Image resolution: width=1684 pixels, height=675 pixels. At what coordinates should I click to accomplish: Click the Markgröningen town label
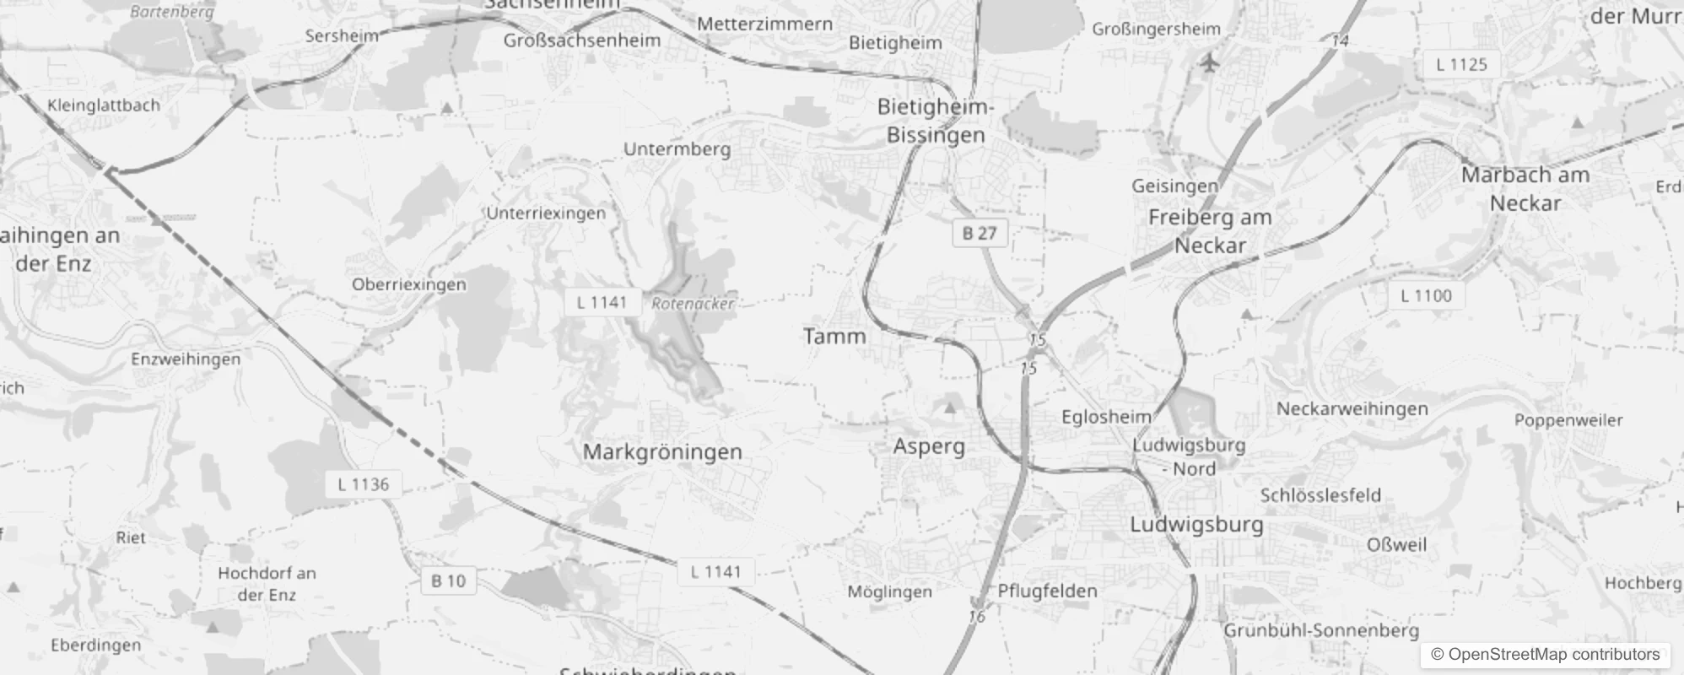click(662, 451)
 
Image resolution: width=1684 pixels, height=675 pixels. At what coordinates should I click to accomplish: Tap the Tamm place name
click(834, 337)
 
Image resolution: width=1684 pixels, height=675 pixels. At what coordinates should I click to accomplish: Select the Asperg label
click(929, 446)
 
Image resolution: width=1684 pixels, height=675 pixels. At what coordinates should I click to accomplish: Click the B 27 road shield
click(979, 233)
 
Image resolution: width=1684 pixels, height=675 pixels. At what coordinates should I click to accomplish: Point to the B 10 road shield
click(448, 580)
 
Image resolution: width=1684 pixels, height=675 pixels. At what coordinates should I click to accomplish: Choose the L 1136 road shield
click(364, 484)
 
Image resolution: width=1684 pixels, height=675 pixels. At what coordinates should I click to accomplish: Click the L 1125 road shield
click(1461, 64)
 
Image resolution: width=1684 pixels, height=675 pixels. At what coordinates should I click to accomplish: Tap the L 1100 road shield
click(1426, 295)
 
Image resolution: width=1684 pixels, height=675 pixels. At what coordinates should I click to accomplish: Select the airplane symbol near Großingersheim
click(1210, 62)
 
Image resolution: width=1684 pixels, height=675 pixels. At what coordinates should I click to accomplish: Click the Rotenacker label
click(693, 304)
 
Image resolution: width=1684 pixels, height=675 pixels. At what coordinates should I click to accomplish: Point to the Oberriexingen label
click(408, 284)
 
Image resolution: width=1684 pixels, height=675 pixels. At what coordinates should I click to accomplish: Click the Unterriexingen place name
click(546, 213)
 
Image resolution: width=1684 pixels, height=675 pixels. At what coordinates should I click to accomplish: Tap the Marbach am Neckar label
click(1525, 189)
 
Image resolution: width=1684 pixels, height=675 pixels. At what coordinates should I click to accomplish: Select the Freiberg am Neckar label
click(1210, 231)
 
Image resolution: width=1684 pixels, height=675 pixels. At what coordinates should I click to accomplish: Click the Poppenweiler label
click(1568, 420)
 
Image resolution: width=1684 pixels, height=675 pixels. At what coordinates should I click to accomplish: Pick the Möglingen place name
click(889, 591)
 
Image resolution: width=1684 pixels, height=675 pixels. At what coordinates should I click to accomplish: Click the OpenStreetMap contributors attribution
click(1545, 655)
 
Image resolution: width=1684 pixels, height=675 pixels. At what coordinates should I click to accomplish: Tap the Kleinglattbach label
click(104, 105)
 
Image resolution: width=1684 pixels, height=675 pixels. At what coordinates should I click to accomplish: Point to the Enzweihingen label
click(186, 359)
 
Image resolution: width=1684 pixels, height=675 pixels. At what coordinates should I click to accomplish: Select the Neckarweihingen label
click(1352, 409)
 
